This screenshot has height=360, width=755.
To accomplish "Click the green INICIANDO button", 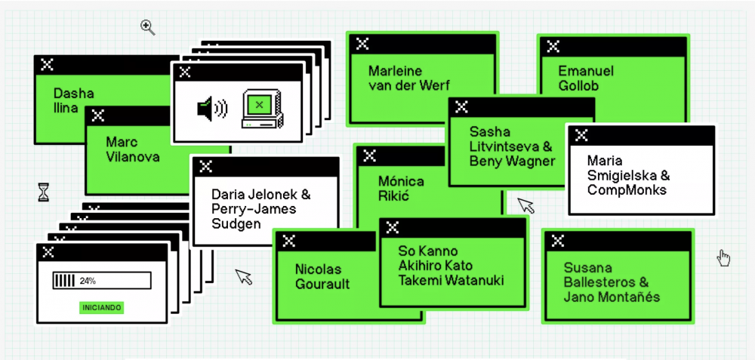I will (102, 307).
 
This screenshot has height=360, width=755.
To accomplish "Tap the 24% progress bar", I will (102, 281).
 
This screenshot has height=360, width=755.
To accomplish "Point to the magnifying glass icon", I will (148, 28).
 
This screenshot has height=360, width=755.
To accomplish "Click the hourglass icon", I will (43, 192).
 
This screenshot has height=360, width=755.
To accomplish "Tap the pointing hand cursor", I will (723, 258).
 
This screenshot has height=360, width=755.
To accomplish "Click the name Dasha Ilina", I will (73, 100).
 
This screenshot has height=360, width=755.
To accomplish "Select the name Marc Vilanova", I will (133, 149).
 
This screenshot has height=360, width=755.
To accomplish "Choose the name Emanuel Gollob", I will (585, 78).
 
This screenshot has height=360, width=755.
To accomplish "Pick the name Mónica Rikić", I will (401, 189).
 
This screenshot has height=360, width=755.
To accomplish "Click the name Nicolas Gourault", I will (322, 276).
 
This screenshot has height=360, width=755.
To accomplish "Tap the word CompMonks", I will (627, 190).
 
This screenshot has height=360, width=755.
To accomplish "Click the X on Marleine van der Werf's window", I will (363, 44).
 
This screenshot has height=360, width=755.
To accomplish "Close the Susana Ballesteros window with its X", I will (558, 241).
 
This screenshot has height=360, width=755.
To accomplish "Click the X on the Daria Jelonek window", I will (205, 167).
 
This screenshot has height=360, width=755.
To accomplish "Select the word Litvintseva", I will (504, 146).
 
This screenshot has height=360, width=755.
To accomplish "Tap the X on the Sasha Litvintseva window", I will (463, 108).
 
